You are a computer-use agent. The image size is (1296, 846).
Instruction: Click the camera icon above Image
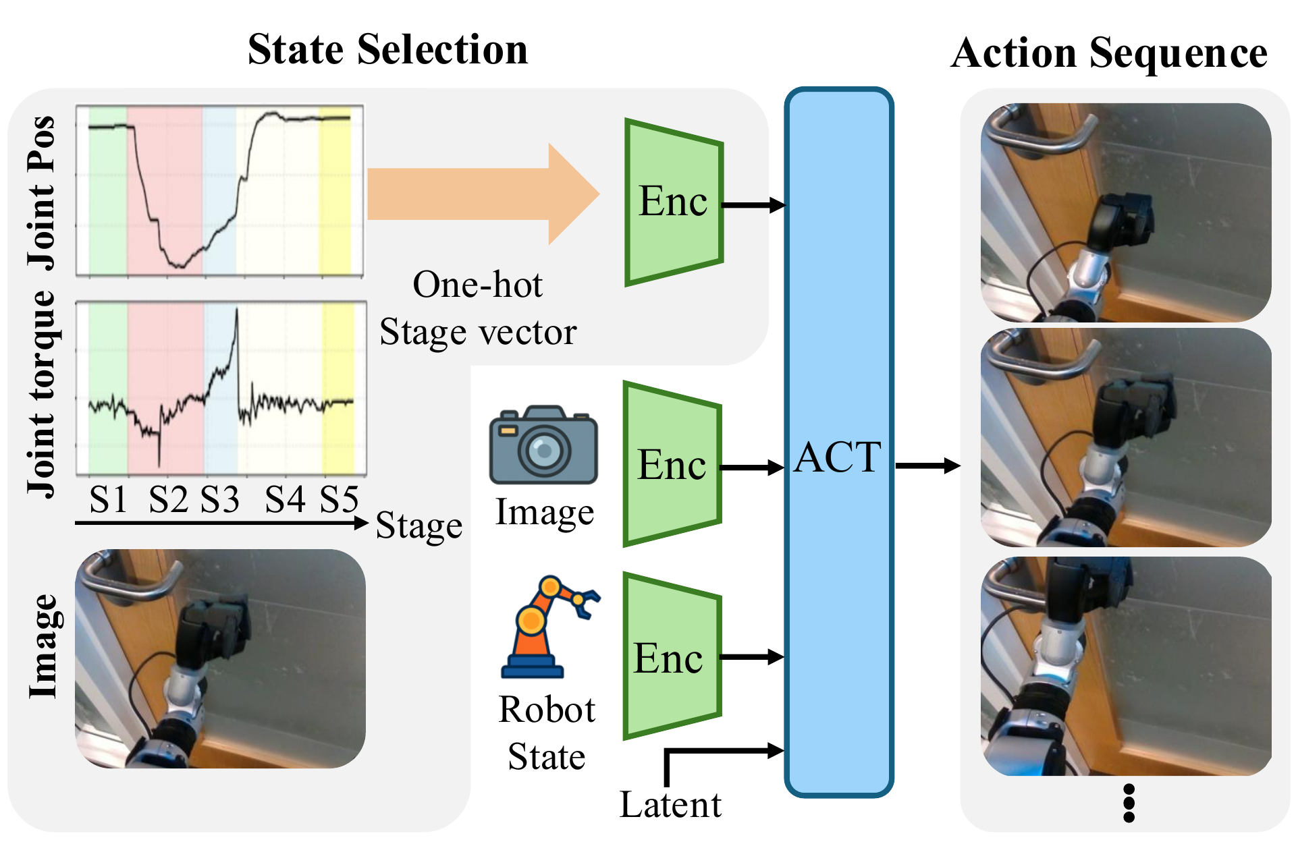(543, 445)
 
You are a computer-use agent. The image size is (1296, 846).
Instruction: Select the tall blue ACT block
(839, 442)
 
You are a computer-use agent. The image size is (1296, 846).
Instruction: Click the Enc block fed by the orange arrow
(674, 202)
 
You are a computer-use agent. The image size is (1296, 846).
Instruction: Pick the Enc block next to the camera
(672, 465)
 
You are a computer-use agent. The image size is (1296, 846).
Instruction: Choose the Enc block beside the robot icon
(671, 656)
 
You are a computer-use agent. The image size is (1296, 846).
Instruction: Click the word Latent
(670, 805)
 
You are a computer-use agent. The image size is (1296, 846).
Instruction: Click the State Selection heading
(387, 50)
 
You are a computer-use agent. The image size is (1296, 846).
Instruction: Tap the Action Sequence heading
(1108, 53)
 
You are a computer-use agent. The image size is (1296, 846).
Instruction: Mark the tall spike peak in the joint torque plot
(237, 311)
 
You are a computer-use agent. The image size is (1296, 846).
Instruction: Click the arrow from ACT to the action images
(927, 466)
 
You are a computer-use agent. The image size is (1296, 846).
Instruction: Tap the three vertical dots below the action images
(1129, 803)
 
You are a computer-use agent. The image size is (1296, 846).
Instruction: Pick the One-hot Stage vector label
(478, 308)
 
